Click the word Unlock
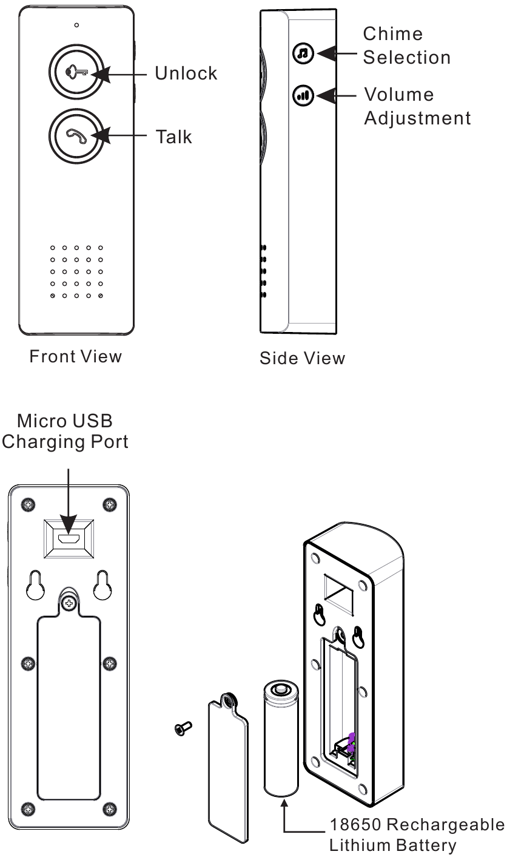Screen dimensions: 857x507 tap(186, 73)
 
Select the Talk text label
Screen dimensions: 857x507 tap(173, 137)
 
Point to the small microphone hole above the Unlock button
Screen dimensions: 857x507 tap(76, 25)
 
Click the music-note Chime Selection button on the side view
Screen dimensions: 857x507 tap(301, 54)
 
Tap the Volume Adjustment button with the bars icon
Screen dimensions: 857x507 tap(301, 95)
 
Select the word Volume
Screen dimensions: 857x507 tap(398, 95)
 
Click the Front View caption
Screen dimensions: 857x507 tap(75, 356)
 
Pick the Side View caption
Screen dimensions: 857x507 tap(302, 358)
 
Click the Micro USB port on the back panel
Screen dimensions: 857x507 tap(69, 538)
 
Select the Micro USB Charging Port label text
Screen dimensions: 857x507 tap(65, 431)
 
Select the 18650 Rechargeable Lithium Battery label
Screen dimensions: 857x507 tap(416, 835)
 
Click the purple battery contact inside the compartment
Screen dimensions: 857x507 tap(351, 742)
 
